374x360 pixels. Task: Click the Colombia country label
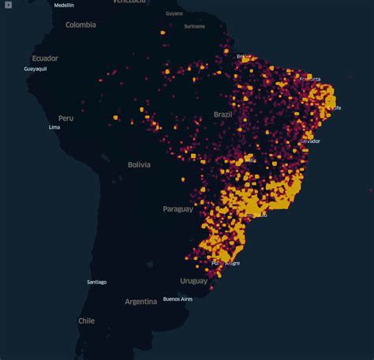[x=80, y=24]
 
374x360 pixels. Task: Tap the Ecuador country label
[x=45, y=58]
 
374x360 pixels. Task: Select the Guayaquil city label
[x=36, y=69]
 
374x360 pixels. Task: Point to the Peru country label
[x=65, y=118]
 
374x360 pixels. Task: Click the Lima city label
[x=54, y=127]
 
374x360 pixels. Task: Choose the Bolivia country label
[x=139, y=164]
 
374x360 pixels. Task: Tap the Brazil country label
[x=223, y=114]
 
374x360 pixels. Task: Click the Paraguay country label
[x=178, y=209]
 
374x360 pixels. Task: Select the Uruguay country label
[x=193, y=281]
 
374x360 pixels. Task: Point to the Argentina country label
[x=141, y=302]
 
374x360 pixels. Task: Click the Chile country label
[x=86, y=321]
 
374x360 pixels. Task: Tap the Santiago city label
[x=97, y=282]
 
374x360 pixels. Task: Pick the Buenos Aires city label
[x=178, y=299]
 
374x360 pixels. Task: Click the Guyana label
[x=174, y=13]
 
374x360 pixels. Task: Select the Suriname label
[x=194, y=26]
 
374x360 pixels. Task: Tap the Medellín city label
[x=65, y=5]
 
